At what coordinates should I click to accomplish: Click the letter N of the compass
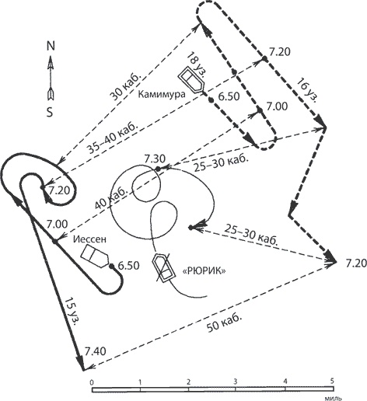coord(51,46)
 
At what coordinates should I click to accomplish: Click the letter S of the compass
coord(50,112)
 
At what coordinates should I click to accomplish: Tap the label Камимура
coord(162,94)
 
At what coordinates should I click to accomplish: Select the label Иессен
coord(89,239)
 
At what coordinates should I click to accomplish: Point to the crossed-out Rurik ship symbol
coord(163,268)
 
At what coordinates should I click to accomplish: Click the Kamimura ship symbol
coord(191,79)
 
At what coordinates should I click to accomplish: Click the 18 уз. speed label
coord(197,65)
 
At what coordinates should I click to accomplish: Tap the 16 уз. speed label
coord(307,90)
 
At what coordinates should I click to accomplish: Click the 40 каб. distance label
coord(111,197)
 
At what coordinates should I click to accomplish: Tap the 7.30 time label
coord(155,159)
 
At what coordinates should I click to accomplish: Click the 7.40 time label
coord(96,351)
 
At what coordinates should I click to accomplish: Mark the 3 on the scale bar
coord(235,382)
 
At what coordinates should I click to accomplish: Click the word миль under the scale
coord(333,398)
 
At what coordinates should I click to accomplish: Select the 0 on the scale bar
coord(91,382)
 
